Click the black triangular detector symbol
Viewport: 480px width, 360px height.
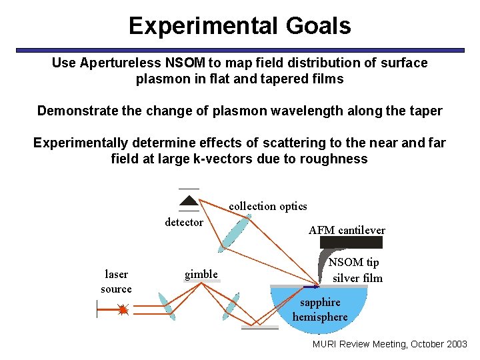pyautogui.click(x=189, y=200)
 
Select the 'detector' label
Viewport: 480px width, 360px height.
pyautogui.click(x=184, y=223)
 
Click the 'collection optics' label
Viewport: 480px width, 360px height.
pyautogui.click(x=268, y=207)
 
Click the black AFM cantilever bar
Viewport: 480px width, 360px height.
pyautogui.click(x=351, y=242)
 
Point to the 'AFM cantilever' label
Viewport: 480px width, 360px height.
pyautogui.click(x=347, y=230)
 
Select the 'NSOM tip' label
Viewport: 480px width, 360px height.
pyautogui.click(x=354, y=263)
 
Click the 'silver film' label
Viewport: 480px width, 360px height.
pyautogui.click(x=357, y=278)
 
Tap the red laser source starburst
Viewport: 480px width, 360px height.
pyautogui.click(x=123, y=309)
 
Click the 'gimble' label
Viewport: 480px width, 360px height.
pyautogui.click(x=201, y=275)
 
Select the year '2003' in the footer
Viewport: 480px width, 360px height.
pyautogui.click(x=456, y=344)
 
